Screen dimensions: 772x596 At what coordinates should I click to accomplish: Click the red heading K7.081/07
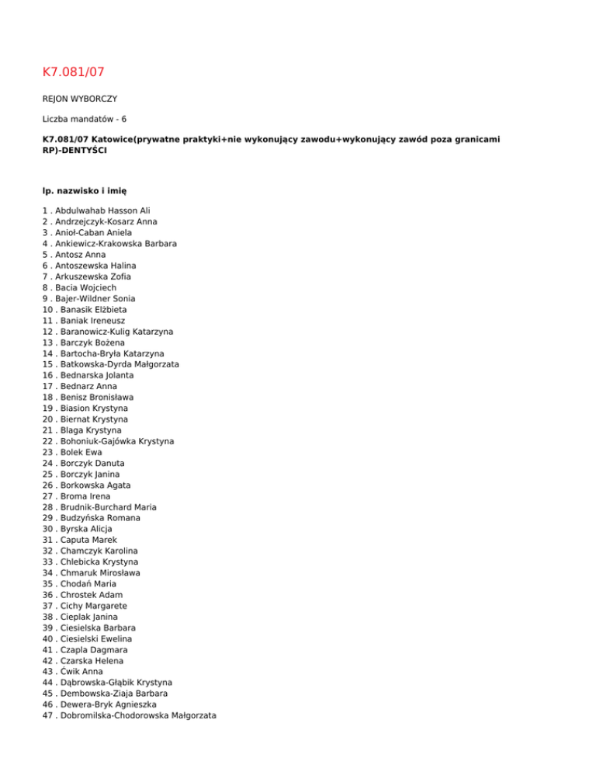(x=74, y=72)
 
